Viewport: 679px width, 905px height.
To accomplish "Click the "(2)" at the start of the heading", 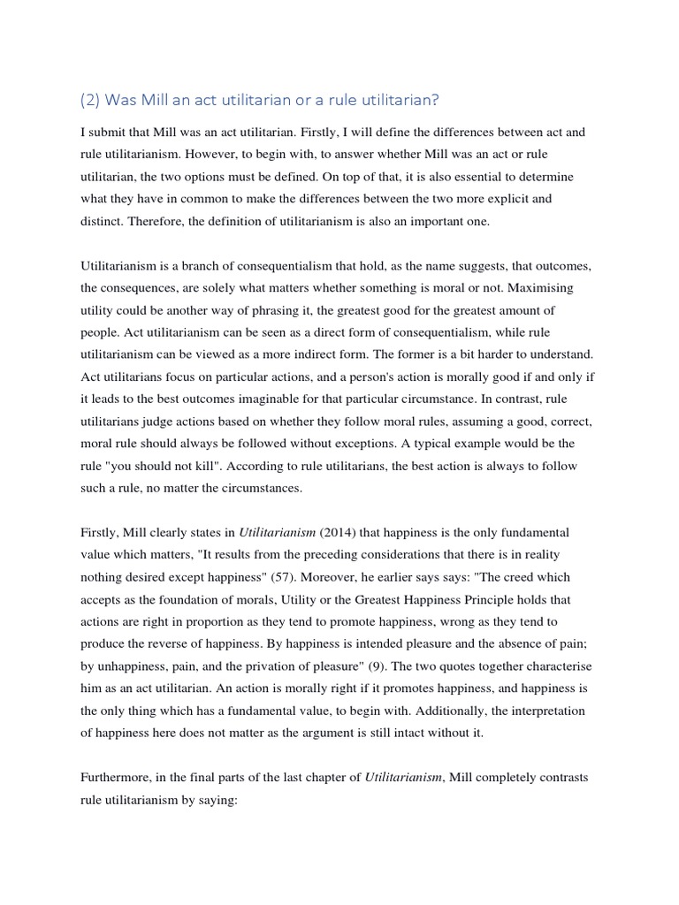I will [91, 101].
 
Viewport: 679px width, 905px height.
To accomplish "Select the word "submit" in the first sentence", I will [112, 132].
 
